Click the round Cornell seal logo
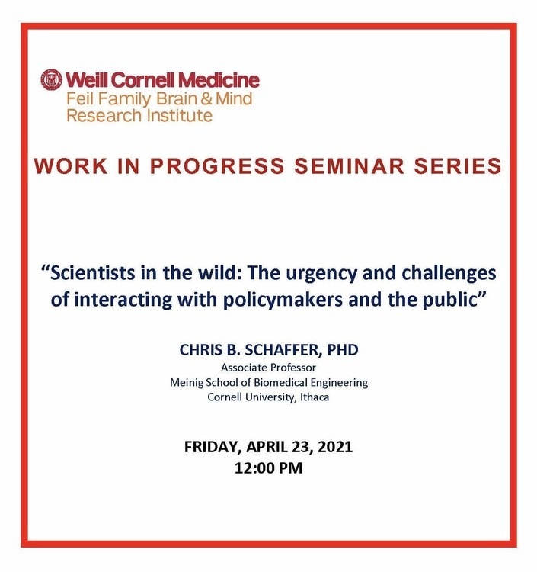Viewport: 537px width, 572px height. click(51, 79)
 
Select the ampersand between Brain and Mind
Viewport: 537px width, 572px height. click(206, 99)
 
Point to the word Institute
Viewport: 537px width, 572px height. click(179, 115)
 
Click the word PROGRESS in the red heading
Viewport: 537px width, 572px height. click(217, 166)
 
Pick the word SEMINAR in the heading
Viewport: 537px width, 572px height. click(350, 166)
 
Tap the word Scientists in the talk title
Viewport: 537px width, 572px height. click(93, 273)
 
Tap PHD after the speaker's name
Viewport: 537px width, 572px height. click(343, 350)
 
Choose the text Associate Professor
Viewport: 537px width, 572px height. click(268, 368)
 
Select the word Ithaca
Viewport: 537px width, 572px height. click(315, 397)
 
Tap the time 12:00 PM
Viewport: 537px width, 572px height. click(268, 468)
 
